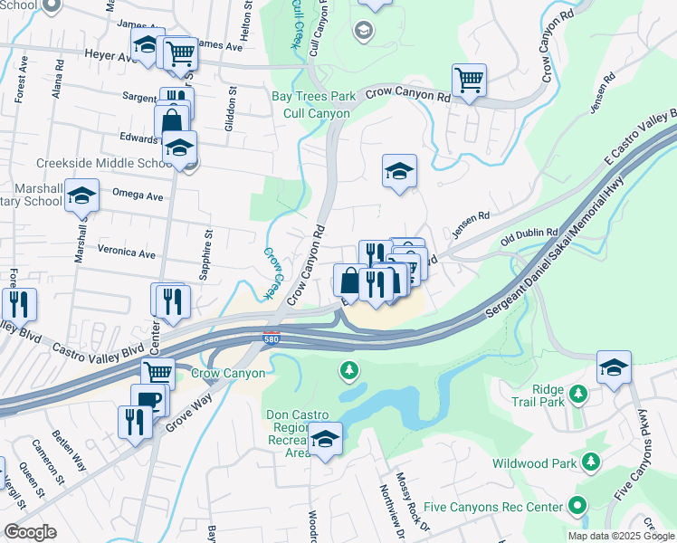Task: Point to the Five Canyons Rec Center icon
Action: point(577,506)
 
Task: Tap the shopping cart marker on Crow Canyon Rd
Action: point(469,81)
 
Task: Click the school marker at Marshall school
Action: point(82,197)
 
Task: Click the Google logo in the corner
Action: point(30,532)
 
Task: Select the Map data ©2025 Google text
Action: point(620,536)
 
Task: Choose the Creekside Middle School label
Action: point(102,164)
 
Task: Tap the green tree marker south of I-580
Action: point(348,370)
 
